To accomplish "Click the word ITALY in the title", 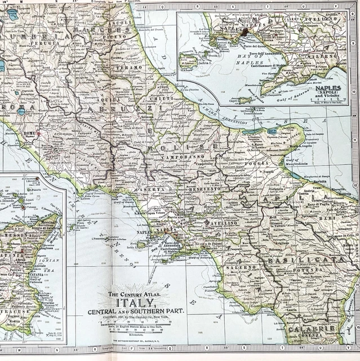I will [134, 303].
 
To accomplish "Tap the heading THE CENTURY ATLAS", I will [134, 293].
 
